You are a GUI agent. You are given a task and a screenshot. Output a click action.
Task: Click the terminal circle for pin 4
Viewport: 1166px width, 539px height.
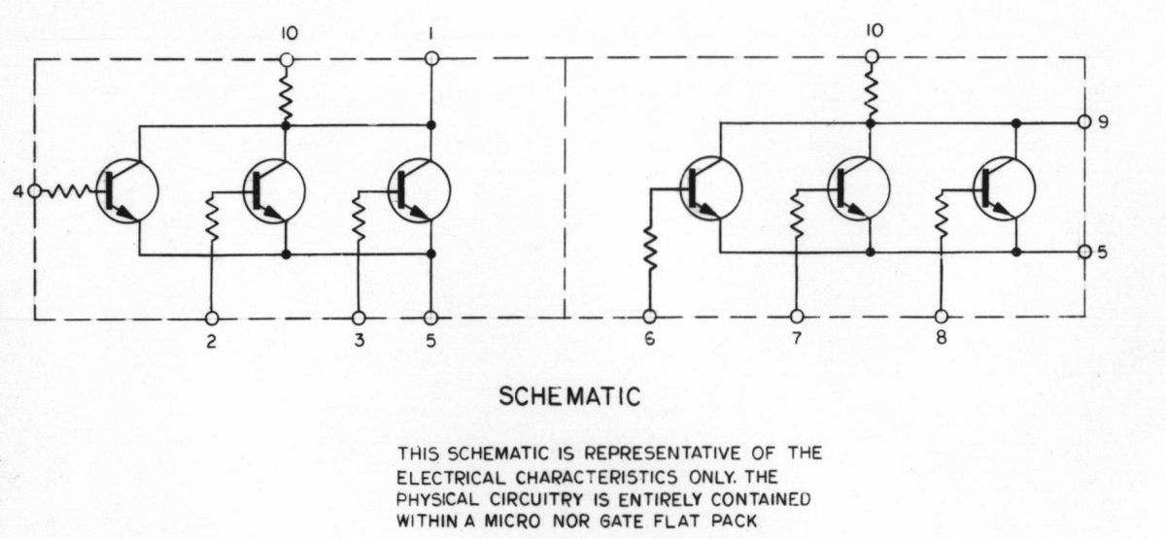34,191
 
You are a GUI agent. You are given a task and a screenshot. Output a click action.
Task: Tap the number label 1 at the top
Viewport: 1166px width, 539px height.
431,34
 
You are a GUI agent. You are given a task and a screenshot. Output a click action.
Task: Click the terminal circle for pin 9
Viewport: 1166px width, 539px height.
1084,121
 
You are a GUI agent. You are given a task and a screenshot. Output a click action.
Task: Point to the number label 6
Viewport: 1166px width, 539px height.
649,339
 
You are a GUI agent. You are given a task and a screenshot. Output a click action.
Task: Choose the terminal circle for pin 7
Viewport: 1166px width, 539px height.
797,316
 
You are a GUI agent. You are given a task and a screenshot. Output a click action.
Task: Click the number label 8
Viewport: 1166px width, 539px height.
942,338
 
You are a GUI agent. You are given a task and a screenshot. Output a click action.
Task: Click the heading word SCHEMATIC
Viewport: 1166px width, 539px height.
569,397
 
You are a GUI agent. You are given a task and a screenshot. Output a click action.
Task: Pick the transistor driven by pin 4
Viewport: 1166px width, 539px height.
127,191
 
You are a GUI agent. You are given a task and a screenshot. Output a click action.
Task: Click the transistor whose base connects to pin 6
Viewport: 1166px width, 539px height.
711,188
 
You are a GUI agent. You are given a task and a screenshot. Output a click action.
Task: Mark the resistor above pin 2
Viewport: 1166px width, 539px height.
212,218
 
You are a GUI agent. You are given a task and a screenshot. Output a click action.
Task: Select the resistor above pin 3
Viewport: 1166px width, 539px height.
359,218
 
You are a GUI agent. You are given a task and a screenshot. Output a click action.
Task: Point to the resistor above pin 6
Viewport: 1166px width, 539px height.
650,249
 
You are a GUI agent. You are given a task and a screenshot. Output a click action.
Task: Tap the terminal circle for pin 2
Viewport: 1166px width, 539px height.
212,318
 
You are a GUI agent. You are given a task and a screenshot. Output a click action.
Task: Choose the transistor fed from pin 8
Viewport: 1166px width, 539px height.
1004,188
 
